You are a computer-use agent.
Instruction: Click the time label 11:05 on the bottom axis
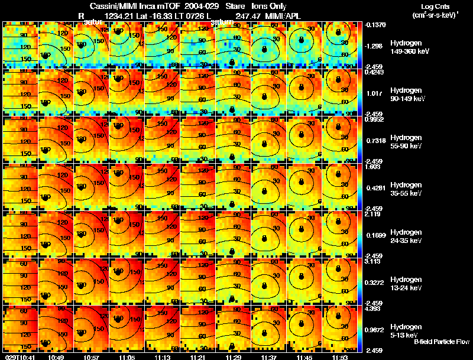[127, 357]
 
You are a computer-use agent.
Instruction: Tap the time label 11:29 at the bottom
[233, 357]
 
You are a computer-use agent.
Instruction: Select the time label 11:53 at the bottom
[339, 357]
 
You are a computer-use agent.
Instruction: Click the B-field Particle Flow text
[441, 342]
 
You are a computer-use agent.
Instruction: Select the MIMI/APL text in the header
[287, 16]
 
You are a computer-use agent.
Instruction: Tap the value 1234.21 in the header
[118, 16]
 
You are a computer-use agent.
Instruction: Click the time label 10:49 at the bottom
[56, 357]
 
